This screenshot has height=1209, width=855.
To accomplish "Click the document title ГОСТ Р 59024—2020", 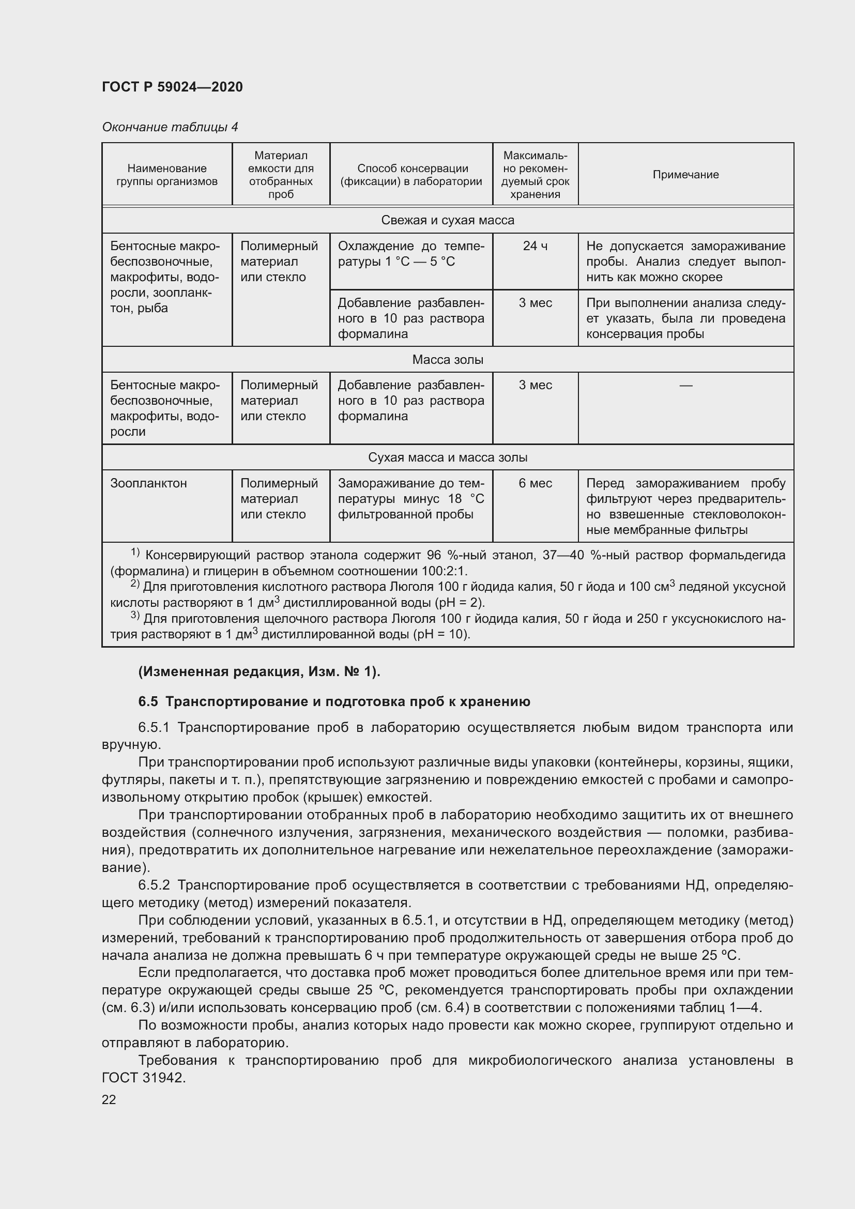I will [x=172, y=87].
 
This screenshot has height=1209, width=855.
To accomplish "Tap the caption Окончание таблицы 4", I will [x=170, y=127].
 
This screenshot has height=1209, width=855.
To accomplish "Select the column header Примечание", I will [x=685, y=175].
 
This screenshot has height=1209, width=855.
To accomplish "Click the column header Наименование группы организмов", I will [x=167, y=175].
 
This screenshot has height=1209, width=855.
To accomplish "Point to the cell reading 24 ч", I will [x=535, y=246].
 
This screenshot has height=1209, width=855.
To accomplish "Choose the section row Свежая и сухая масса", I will [x=448, y=220].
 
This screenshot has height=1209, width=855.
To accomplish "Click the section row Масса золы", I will [x=448, y=360].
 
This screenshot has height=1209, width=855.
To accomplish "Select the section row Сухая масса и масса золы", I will [x=448, y=457].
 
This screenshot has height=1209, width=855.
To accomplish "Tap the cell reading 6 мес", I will [x=535, y=483].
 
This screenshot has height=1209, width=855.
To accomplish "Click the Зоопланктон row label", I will [x=148, y=483].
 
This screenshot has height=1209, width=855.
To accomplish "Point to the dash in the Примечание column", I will [x=685, y=386].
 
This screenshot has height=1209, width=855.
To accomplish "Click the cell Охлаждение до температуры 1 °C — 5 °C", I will [x=410, y=254].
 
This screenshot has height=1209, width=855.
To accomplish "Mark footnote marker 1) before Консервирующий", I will [x=135, y=553].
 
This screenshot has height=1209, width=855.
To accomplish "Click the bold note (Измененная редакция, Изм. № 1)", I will [x=259, y=671].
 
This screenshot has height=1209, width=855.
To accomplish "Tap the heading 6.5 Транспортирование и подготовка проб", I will [x=334, y=701].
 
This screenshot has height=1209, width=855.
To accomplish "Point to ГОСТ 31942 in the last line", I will [x=143, y=1078].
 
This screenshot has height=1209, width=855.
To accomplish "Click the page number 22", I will [x=109, y=1099].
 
